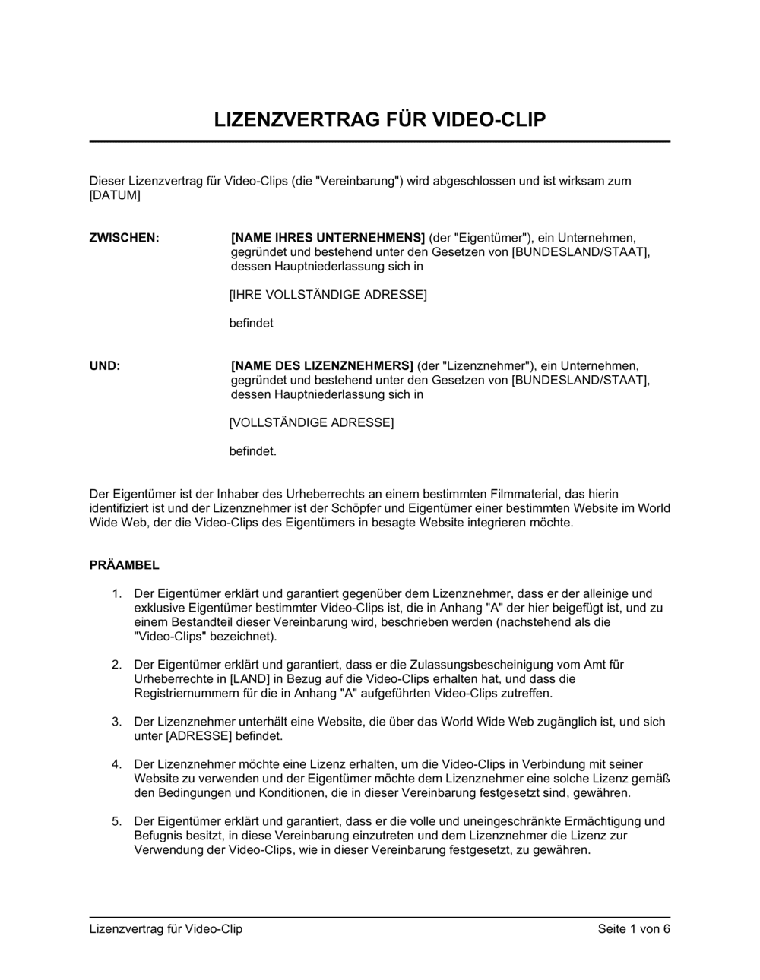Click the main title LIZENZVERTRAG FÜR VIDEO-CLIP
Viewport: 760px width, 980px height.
point(379,120)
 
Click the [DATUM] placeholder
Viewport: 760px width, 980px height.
point(115,195)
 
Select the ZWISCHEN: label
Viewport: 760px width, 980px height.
point(125,238)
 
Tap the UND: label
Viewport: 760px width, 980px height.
point(105,365)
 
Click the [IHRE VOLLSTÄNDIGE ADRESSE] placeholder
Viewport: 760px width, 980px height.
point(328,294)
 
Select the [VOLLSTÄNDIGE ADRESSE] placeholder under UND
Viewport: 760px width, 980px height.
point(312,422)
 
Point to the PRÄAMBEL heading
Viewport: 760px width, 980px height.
point(124,565)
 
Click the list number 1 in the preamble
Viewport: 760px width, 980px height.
point(116,593)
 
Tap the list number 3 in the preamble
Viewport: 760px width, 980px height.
point(116,722)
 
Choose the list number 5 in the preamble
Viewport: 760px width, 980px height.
point(116,821)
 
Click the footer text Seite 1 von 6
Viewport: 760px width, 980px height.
point(634,929)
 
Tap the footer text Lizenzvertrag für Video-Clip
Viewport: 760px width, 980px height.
point(166,929)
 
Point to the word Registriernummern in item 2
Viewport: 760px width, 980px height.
point(185,693)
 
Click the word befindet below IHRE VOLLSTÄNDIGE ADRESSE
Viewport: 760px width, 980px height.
point(251,323)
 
